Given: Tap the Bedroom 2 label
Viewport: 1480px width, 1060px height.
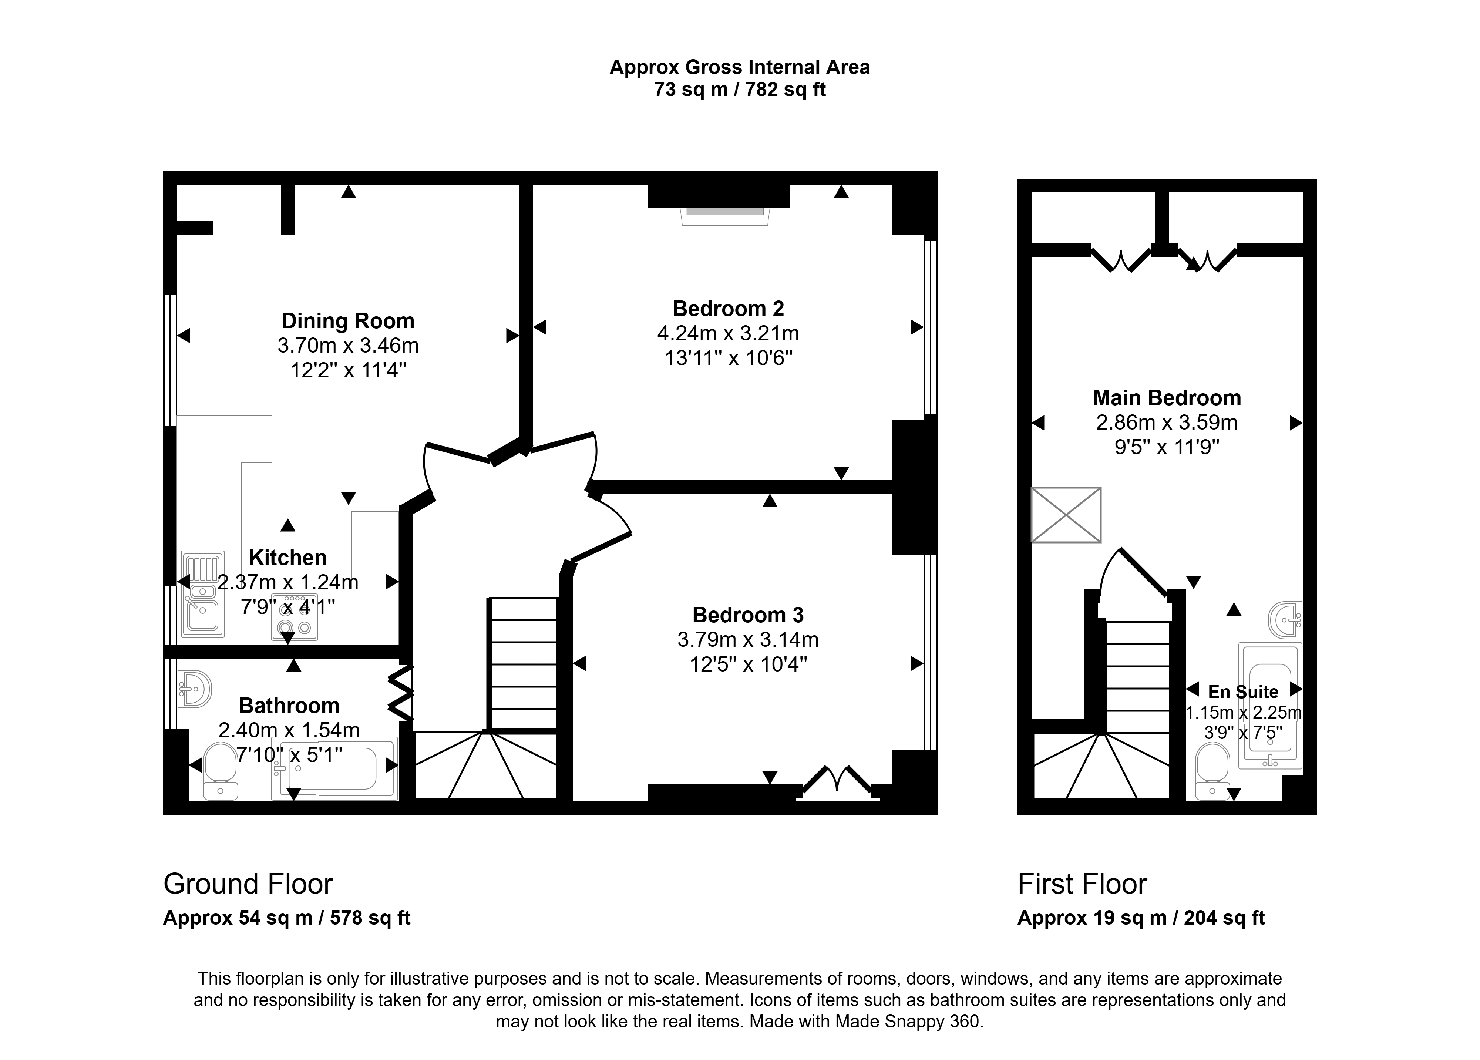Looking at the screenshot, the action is pos(728,308).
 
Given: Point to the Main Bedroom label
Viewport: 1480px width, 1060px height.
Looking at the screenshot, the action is pos(1167,397).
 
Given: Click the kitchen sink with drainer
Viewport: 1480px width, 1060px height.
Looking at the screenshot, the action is pos(203,594).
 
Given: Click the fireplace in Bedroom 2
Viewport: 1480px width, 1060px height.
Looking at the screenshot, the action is pos(725,216).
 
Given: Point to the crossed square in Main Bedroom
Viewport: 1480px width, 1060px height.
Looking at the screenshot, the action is pos(1066,515).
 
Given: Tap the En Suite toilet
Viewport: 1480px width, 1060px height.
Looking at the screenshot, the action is pos(1212,771).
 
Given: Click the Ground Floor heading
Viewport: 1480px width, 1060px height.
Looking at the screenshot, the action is pos(248,884).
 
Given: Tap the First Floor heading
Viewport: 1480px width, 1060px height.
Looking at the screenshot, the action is pos(1082,884).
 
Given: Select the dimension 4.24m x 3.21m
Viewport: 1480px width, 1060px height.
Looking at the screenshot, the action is pos(728,333).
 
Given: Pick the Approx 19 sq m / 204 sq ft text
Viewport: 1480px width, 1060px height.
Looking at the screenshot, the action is pos(1141,918).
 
